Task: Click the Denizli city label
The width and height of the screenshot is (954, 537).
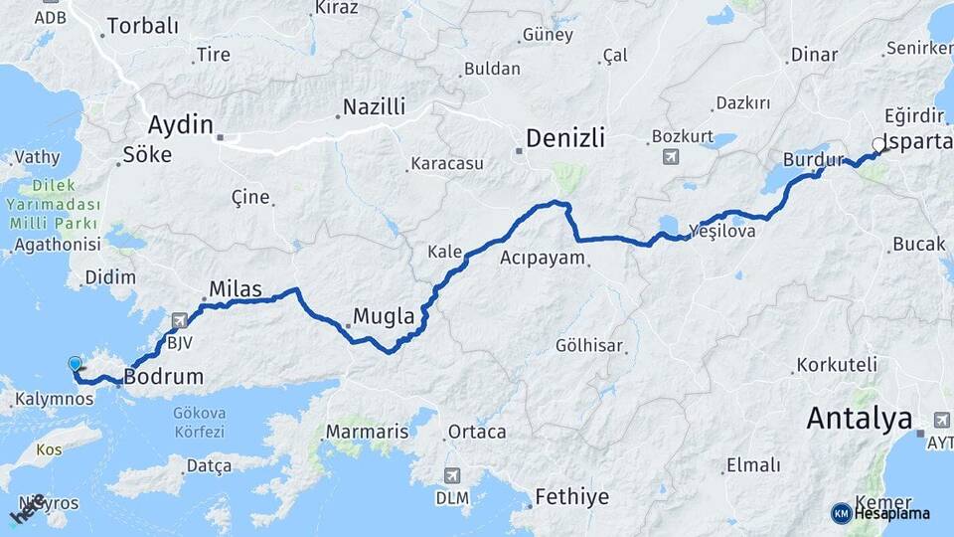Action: coord(564,138)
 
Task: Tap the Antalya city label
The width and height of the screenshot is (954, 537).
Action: coord(859,419)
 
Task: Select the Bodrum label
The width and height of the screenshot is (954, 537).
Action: coord(163,377)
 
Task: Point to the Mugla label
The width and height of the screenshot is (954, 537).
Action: coord(384,317)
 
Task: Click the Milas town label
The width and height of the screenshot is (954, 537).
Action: coord(235,289)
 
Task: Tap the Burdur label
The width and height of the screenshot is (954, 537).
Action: coord(812,159)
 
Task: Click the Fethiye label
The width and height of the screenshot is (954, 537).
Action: coord(571,495)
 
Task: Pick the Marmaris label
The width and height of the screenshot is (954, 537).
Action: coord(367,433)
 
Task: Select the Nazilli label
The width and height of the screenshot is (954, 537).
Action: coord(374,106)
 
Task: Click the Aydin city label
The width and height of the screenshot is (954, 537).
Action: coord(180,125)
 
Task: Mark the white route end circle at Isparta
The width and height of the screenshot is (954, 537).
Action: coord(877,145)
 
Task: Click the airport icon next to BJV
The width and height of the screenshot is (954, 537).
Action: coord(179,320)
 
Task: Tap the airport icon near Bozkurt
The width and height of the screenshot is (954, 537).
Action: coord(670,157)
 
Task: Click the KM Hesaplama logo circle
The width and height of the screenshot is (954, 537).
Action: coord(841,513)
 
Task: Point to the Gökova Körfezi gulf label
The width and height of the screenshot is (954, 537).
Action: coord(199,422)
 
